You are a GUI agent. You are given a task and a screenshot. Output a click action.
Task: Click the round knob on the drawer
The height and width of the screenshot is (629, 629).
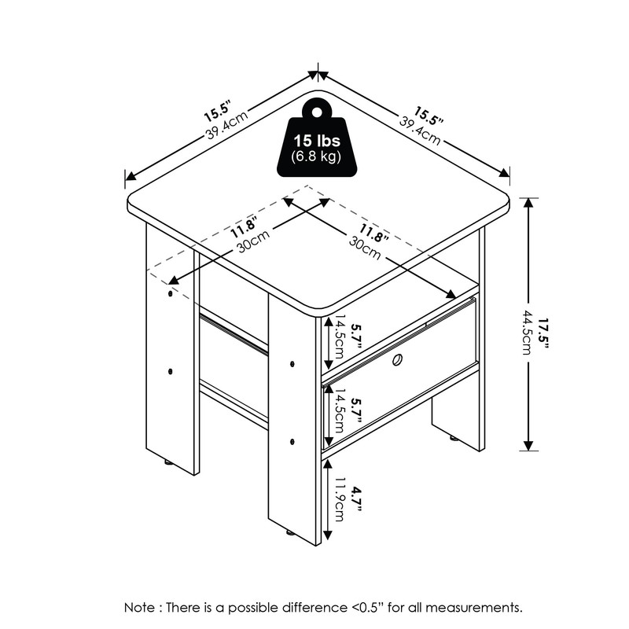point(397,360)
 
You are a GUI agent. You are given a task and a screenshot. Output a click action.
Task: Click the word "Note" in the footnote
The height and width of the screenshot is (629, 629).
point(139,608)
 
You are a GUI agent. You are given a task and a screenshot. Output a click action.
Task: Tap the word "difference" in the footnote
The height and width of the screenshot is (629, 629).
point(300,608)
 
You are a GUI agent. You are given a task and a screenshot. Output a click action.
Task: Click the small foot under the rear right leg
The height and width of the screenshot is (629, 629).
point(454,439)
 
